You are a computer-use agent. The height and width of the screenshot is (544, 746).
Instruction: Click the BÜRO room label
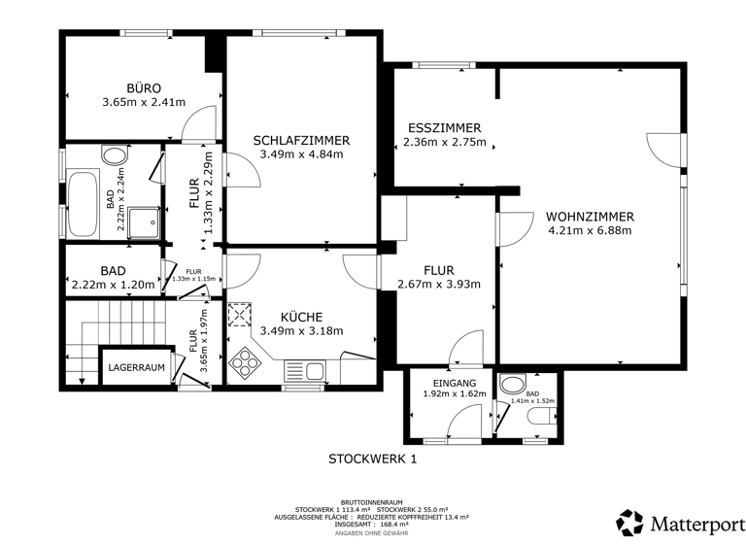coord(143,86)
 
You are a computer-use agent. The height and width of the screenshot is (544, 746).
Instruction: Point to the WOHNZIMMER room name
coord(590,217)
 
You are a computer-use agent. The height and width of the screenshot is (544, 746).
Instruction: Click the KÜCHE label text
coord(301,317)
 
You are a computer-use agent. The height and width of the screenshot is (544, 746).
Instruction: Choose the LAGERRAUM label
coord(136,368)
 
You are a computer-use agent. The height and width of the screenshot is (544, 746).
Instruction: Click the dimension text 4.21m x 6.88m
coord(590,231)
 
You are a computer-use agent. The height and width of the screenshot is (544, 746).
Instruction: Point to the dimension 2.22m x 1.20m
coord(113,286)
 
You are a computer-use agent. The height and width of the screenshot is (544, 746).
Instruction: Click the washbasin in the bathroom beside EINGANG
coord(511,383)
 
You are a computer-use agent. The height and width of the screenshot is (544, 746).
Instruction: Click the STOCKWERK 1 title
coord(372,459)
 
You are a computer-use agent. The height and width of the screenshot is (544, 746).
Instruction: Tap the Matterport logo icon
coord(629,522)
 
